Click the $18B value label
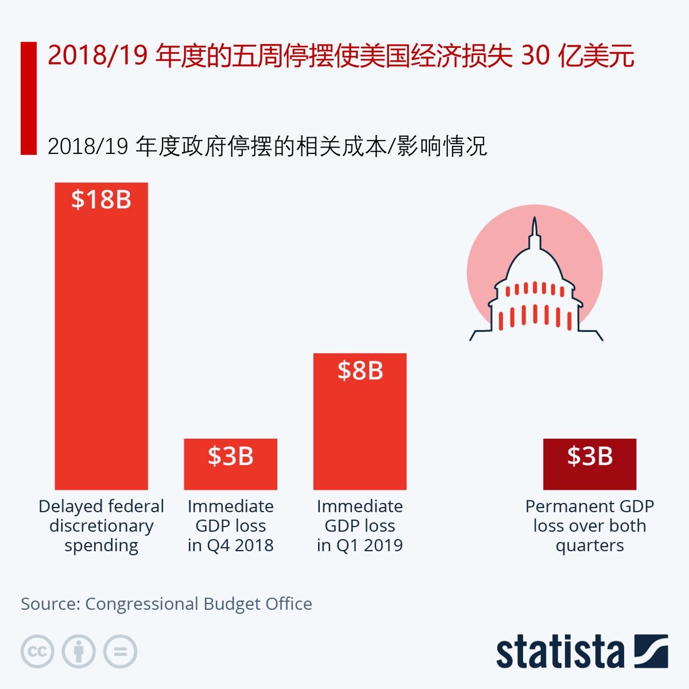[101, 200]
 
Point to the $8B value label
[360, 371]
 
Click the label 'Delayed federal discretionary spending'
[101, 526]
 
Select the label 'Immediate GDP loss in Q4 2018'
[230, 526]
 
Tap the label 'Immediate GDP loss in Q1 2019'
[360, 526]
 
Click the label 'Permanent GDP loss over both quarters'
[589, 526]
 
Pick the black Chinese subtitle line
[267, 146]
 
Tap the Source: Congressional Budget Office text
[166, 604]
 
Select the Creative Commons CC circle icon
[37, 651]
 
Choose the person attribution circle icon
[79, 651]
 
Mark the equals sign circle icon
[120, 651]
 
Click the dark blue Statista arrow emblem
[651, 651]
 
